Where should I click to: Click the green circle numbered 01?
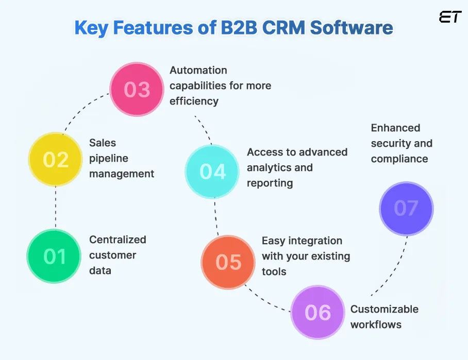click(54, 256)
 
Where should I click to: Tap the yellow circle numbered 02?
click(56, 160)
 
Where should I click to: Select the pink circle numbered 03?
click(137, 90)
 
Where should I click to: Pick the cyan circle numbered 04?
click(212, 172)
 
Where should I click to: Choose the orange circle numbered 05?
click(228, 262)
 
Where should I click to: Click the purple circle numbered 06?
click(317, 312)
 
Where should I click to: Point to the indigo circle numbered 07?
click(406, 208)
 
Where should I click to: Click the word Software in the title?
click(351, 28)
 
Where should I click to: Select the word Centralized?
click(118, 239)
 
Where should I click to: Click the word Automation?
click(198, 70)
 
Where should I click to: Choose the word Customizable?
click(385, 309)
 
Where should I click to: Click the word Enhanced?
click(395, 128)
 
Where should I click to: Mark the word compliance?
click(399, 159)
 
